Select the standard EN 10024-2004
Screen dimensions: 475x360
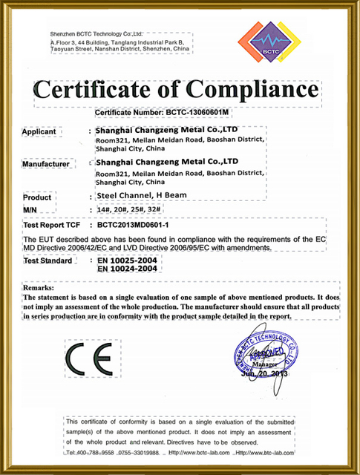pos(131,269)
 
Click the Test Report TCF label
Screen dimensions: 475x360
pos(53,223)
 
